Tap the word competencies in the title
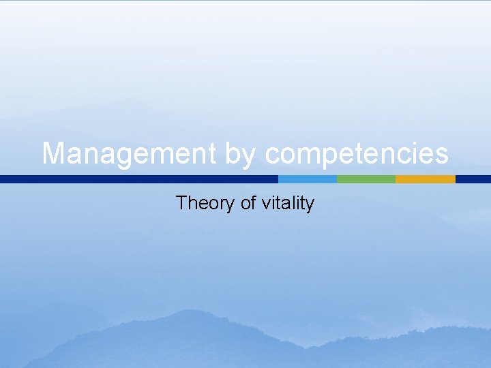[357, 154]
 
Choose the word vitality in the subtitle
[288, 203]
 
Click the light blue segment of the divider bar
[308, 179]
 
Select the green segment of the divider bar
[366, 179]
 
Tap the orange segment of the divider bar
[425, 179]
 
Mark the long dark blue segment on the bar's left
[139, 179]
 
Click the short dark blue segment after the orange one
[473, 179]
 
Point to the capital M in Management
[54, 154]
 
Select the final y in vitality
[310, 204]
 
